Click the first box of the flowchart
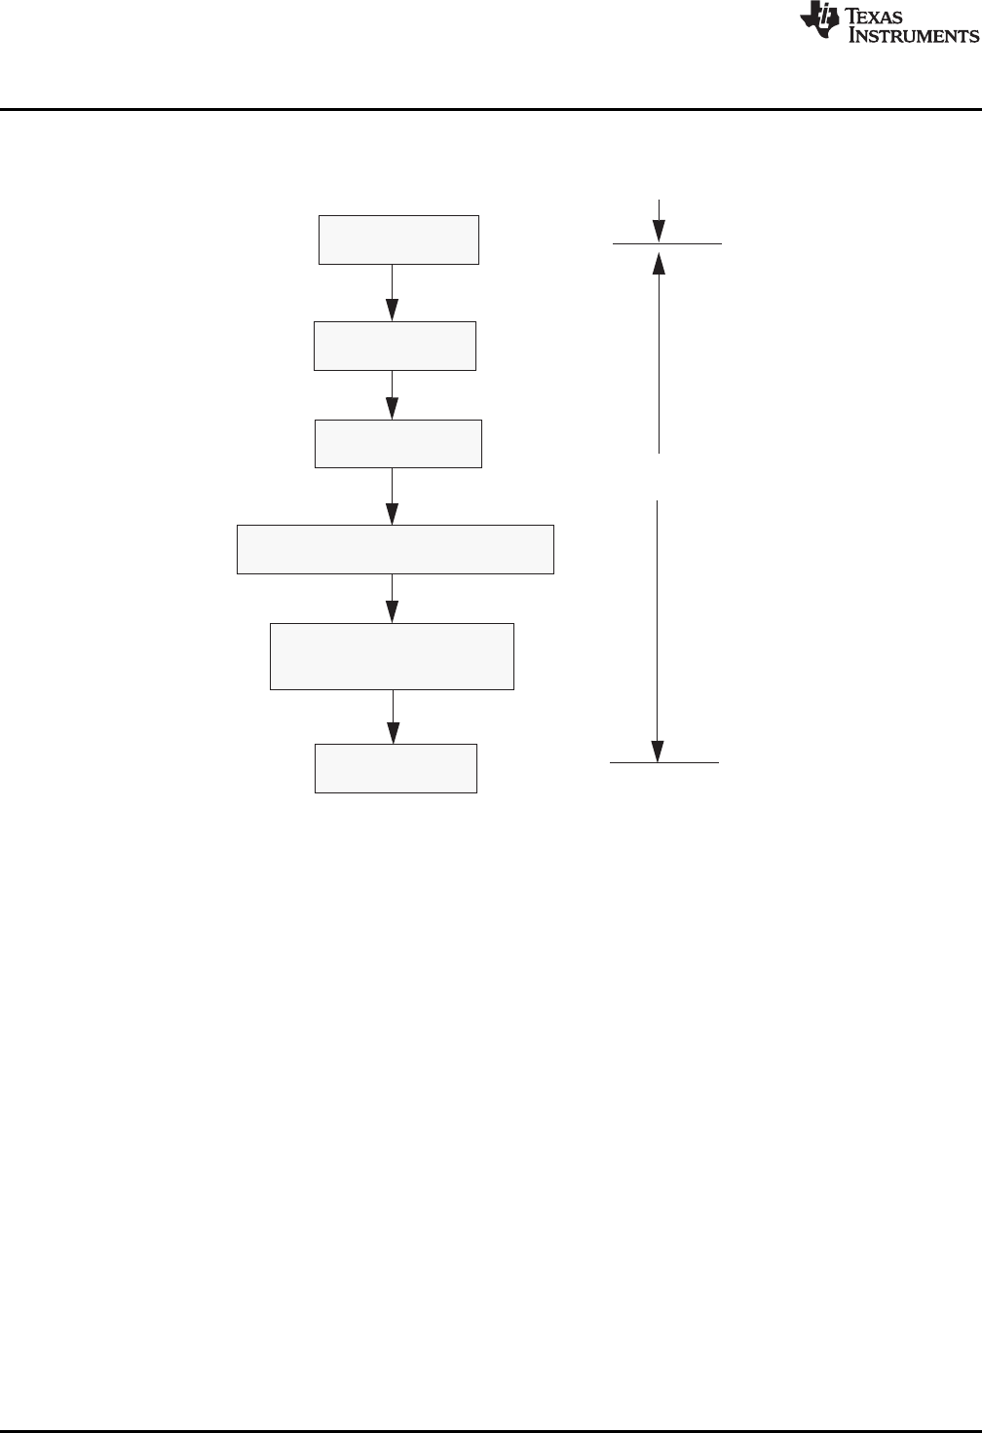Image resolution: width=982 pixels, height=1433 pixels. (398, 239)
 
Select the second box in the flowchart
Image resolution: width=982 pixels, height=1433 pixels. (395, 346)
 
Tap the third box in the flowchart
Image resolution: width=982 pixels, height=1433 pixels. (397, 444)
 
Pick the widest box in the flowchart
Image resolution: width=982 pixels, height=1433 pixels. (396, 549)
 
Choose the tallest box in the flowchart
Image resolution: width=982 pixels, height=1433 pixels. (392, 656)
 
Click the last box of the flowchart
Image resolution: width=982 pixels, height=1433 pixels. (396, 768)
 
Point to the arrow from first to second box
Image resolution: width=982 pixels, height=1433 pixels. (393, 293)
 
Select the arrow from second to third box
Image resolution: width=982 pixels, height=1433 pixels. (393, 395)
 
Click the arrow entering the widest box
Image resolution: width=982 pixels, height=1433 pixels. (393, 496)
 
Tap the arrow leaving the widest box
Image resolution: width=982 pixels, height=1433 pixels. (393, 598)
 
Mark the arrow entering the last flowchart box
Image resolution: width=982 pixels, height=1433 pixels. (393, 717)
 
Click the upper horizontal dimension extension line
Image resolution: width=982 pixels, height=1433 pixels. (667, 243)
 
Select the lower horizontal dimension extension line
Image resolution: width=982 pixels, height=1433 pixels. (664, 762)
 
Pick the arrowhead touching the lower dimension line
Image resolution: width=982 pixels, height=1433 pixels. (659, 750)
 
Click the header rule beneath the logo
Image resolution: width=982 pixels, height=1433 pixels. (491, 109)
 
